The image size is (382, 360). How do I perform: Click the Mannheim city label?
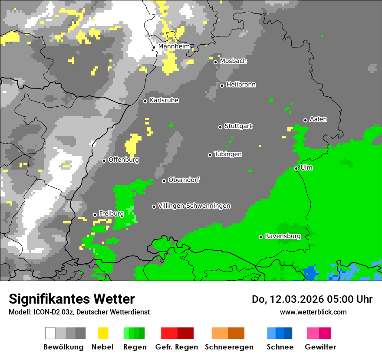click(174, 46)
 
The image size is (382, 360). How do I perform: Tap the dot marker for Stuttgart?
click(220, 127)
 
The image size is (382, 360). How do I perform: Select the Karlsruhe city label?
click(164, 100)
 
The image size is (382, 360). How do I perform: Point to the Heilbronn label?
click(241, 85)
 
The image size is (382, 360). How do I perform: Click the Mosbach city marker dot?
click(215, 62)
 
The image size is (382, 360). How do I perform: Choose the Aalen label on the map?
click(318, 119)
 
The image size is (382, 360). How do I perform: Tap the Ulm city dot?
click(296, 168)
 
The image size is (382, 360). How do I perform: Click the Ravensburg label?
click(283, 236)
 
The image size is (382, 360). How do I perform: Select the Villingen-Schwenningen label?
click(194, 206)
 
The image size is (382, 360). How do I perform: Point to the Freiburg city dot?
click(95, 215)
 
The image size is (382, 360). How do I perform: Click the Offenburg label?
click(124, 160)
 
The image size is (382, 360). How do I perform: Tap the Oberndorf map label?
click(184, 180)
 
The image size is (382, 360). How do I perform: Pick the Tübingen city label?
click(228, 154)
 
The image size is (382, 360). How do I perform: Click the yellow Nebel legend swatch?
click(103, 333)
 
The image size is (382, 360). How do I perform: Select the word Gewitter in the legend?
click(320, 347)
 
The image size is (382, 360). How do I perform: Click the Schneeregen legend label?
click(229, 347)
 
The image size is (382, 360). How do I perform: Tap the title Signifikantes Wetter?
click(72, 299)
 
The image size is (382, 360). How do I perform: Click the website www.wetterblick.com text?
click(313, 312)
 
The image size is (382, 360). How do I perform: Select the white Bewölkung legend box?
click(50, 333)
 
